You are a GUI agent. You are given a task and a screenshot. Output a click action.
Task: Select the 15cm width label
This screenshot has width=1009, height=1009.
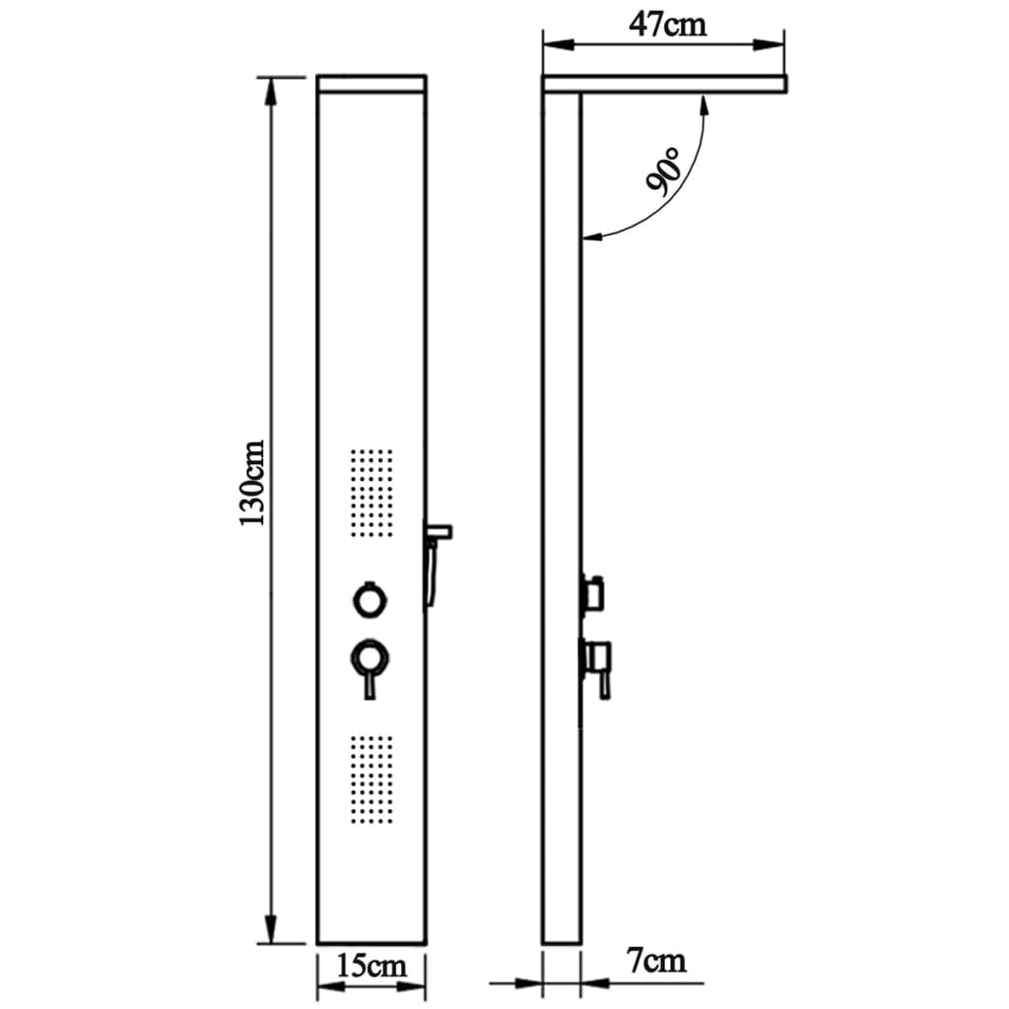pyautogui.click(x=371, y=965)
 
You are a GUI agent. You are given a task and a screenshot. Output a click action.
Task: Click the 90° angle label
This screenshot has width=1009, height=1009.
pyautogui.click(x=663, y=173)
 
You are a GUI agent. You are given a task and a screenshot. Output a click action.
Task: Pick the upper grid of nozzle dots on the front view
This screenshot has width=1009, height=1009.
pyautogui.click(x=372, y=493)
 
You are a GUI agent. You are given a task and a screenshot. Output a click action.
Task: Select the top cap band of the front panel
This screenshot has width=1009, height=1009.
pyautogui.click(x=371, y=86)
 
